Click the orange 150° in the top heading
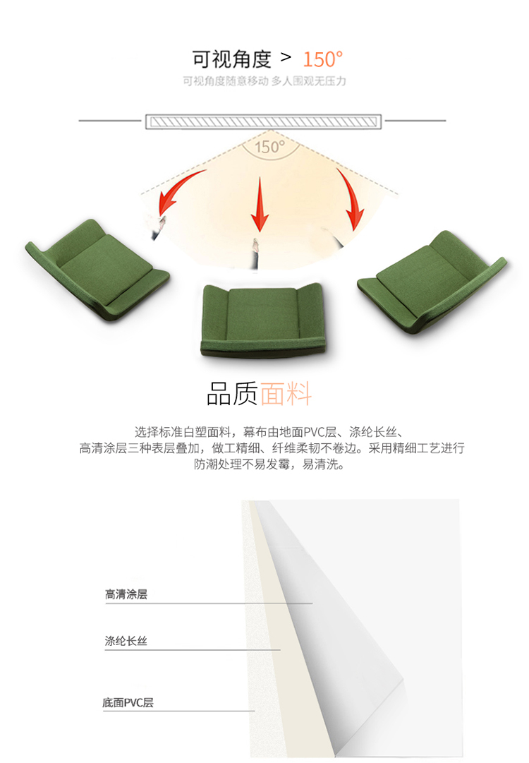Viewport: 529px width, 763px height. tap(323, 59)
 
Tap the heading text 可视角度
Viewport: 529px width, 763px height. tap(231, 59)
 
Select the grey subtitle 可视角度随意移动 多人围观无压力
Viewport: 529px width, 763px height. tap(264, 80)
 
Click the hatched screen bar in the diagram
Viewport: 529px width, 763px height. tap(264, 121)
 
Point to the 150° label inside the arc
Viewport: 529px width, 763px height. tap(270, 147)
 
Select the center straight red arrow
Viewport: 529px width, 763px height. tap(260, 204)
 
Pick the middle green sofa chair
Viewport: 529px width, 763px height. tap(264, 319)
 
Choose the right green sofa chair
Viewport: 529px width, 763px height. tap(431, 282)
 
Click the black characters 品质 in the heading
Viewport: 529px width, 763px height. tap(232, 394)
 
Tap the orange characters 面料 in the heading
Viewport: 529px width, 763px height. tap(286, 394)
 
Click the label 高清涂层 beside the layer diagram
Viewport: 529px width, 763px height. tap(126, 594)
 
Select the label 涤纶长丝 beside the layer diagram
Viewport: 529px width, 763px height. tap(126, 641)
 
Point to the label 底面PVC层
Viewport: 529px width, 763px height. tap(128, 702)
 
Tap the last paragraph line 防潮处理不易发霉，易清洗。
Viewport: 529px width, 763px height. tap(270, 464)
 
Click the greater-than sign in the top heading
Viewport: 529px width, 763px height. tap(286, 57)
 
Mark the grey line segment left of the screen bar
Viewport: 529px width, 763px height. tap(110, 120)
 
